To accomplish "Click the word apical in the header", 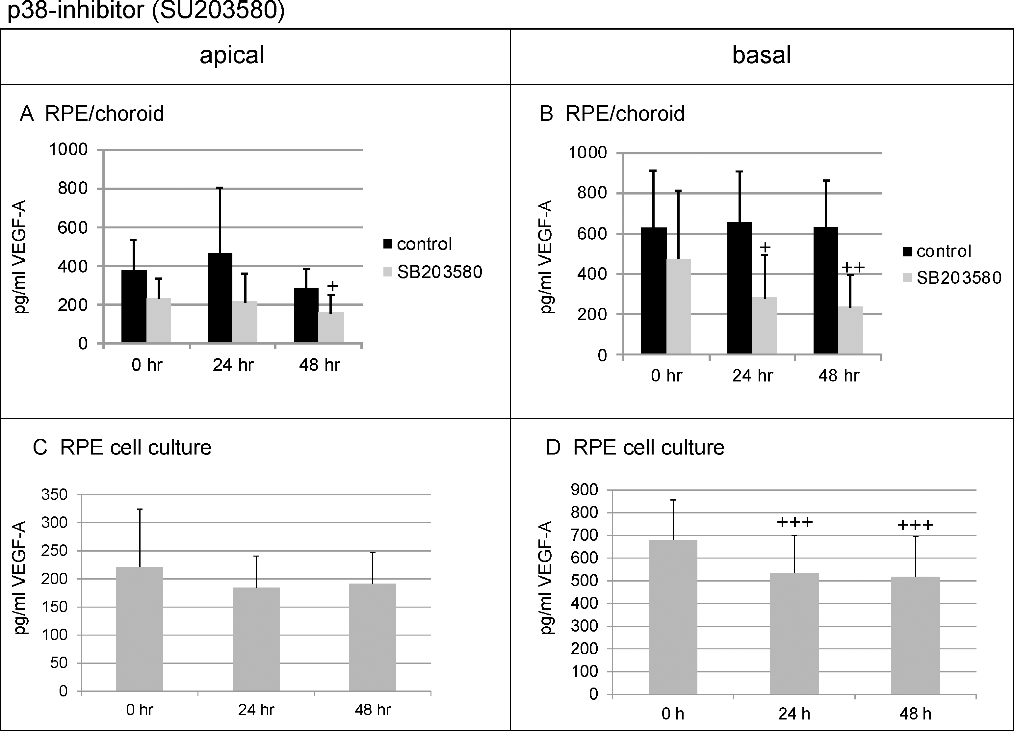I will click(232, 55).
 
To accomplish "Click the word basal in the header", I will click(761, 55).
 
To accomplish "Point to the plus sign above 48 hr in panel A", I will click(332, 286).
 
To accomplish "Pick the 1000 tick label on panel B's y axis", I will click(587, 153).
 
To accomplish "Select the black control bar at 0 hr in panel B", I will click(654, 291).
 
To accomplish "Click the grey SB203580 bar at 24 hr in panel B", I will click(765, 326).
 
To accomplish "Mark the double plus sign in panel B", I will click(853, 267).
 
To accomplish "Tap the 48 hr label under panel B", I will click(839, 376).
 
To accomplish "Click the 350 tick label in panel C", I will click(55, 494).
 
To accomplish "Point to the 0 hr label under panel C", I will click(140, 710).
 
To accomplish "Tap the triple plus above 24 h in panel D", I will click(795, 522).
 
